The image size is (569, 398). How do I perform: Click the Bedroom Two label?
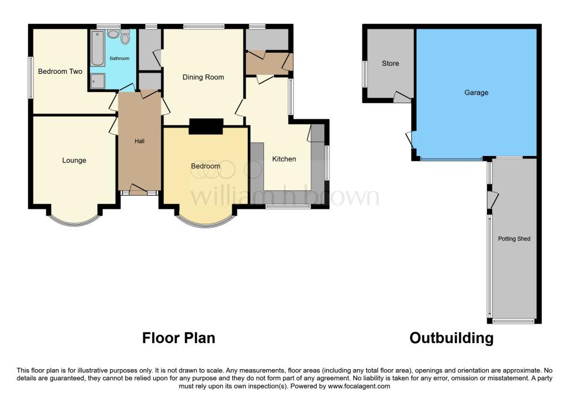pos(60,72)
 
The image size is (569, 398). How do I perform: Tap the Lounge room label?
pos(74,160)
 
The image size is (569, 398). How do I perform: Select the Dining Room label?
pos(203,77)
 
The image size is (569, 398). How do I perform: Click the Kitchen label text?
pos(284,159)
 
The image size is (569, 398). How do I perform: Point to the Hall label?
pos(139,142)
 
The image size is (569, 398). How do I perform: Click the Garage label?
pos(476,93)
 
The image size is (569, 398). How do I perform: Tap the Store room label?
pos(390,63)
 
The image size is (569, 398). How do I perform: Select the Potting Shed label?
pos(515,239)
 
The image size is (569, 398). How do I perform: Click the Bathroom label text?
pos(119,58)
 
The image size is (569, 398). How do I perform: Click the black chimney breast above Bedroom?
pos(206,127)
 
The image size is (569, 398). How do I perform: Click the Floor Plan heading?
pos(178,337)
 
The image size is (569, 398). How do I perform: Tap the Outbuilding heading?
pos(451,337)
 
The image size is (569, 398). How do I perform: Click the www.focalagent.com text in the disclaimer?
pos(359,386)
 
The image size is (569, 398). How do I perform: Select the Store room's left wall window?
pos(365,74)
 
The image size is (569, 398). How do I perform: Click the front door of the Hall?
pos(139,192)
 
